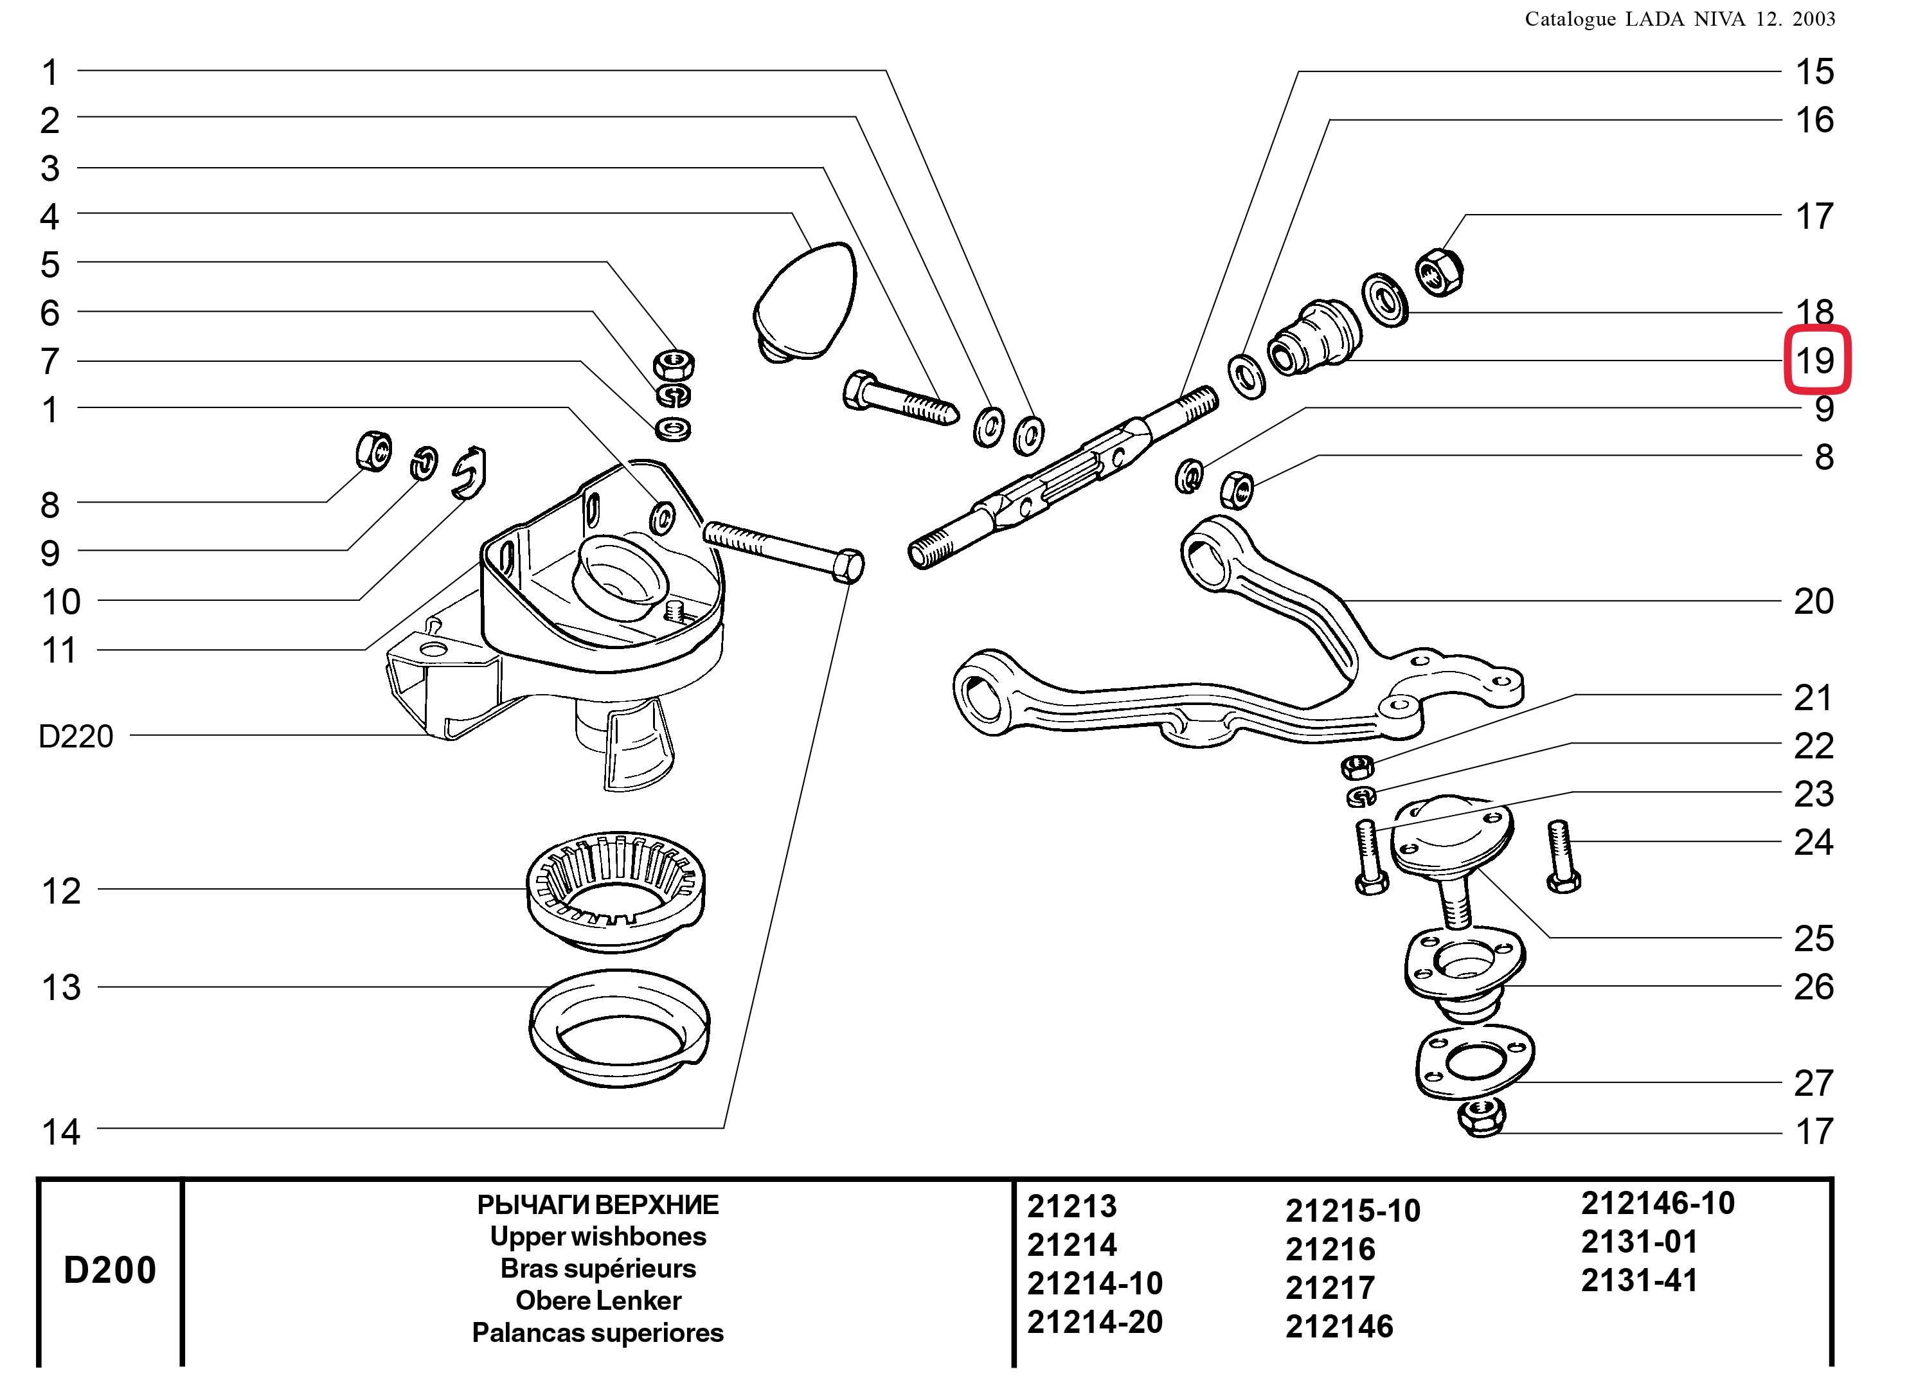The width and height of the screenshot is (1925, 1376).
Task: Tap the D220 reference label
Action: (75, 737)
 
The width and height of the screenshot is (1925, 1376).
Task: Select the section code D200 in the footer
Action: (110, 1270)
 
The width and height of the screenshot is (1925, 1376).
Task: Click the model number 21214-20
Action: (1095, 1322)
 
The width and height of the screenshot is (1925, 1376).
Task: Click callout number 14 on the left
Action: (61, 1131)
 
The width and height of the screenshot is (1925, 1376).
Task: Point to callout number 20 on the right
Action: (1813, 602)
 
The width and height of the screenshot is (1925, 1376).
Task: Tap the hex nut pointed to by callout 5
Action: (674, 365)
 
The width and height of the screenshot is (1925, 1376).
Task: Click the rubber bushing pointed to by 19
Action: (1312, 339)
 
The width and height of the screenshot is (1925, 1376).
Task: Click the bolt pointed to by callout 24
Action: (1561, 856)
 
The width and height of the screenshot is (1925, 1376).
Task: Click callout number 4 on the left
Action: (50, 217)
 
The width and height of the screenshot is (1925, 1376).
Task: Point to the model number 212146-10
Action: (1657, 1203)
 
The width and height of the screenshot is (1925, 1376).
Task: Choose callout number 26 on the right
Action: (1813, 987)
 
